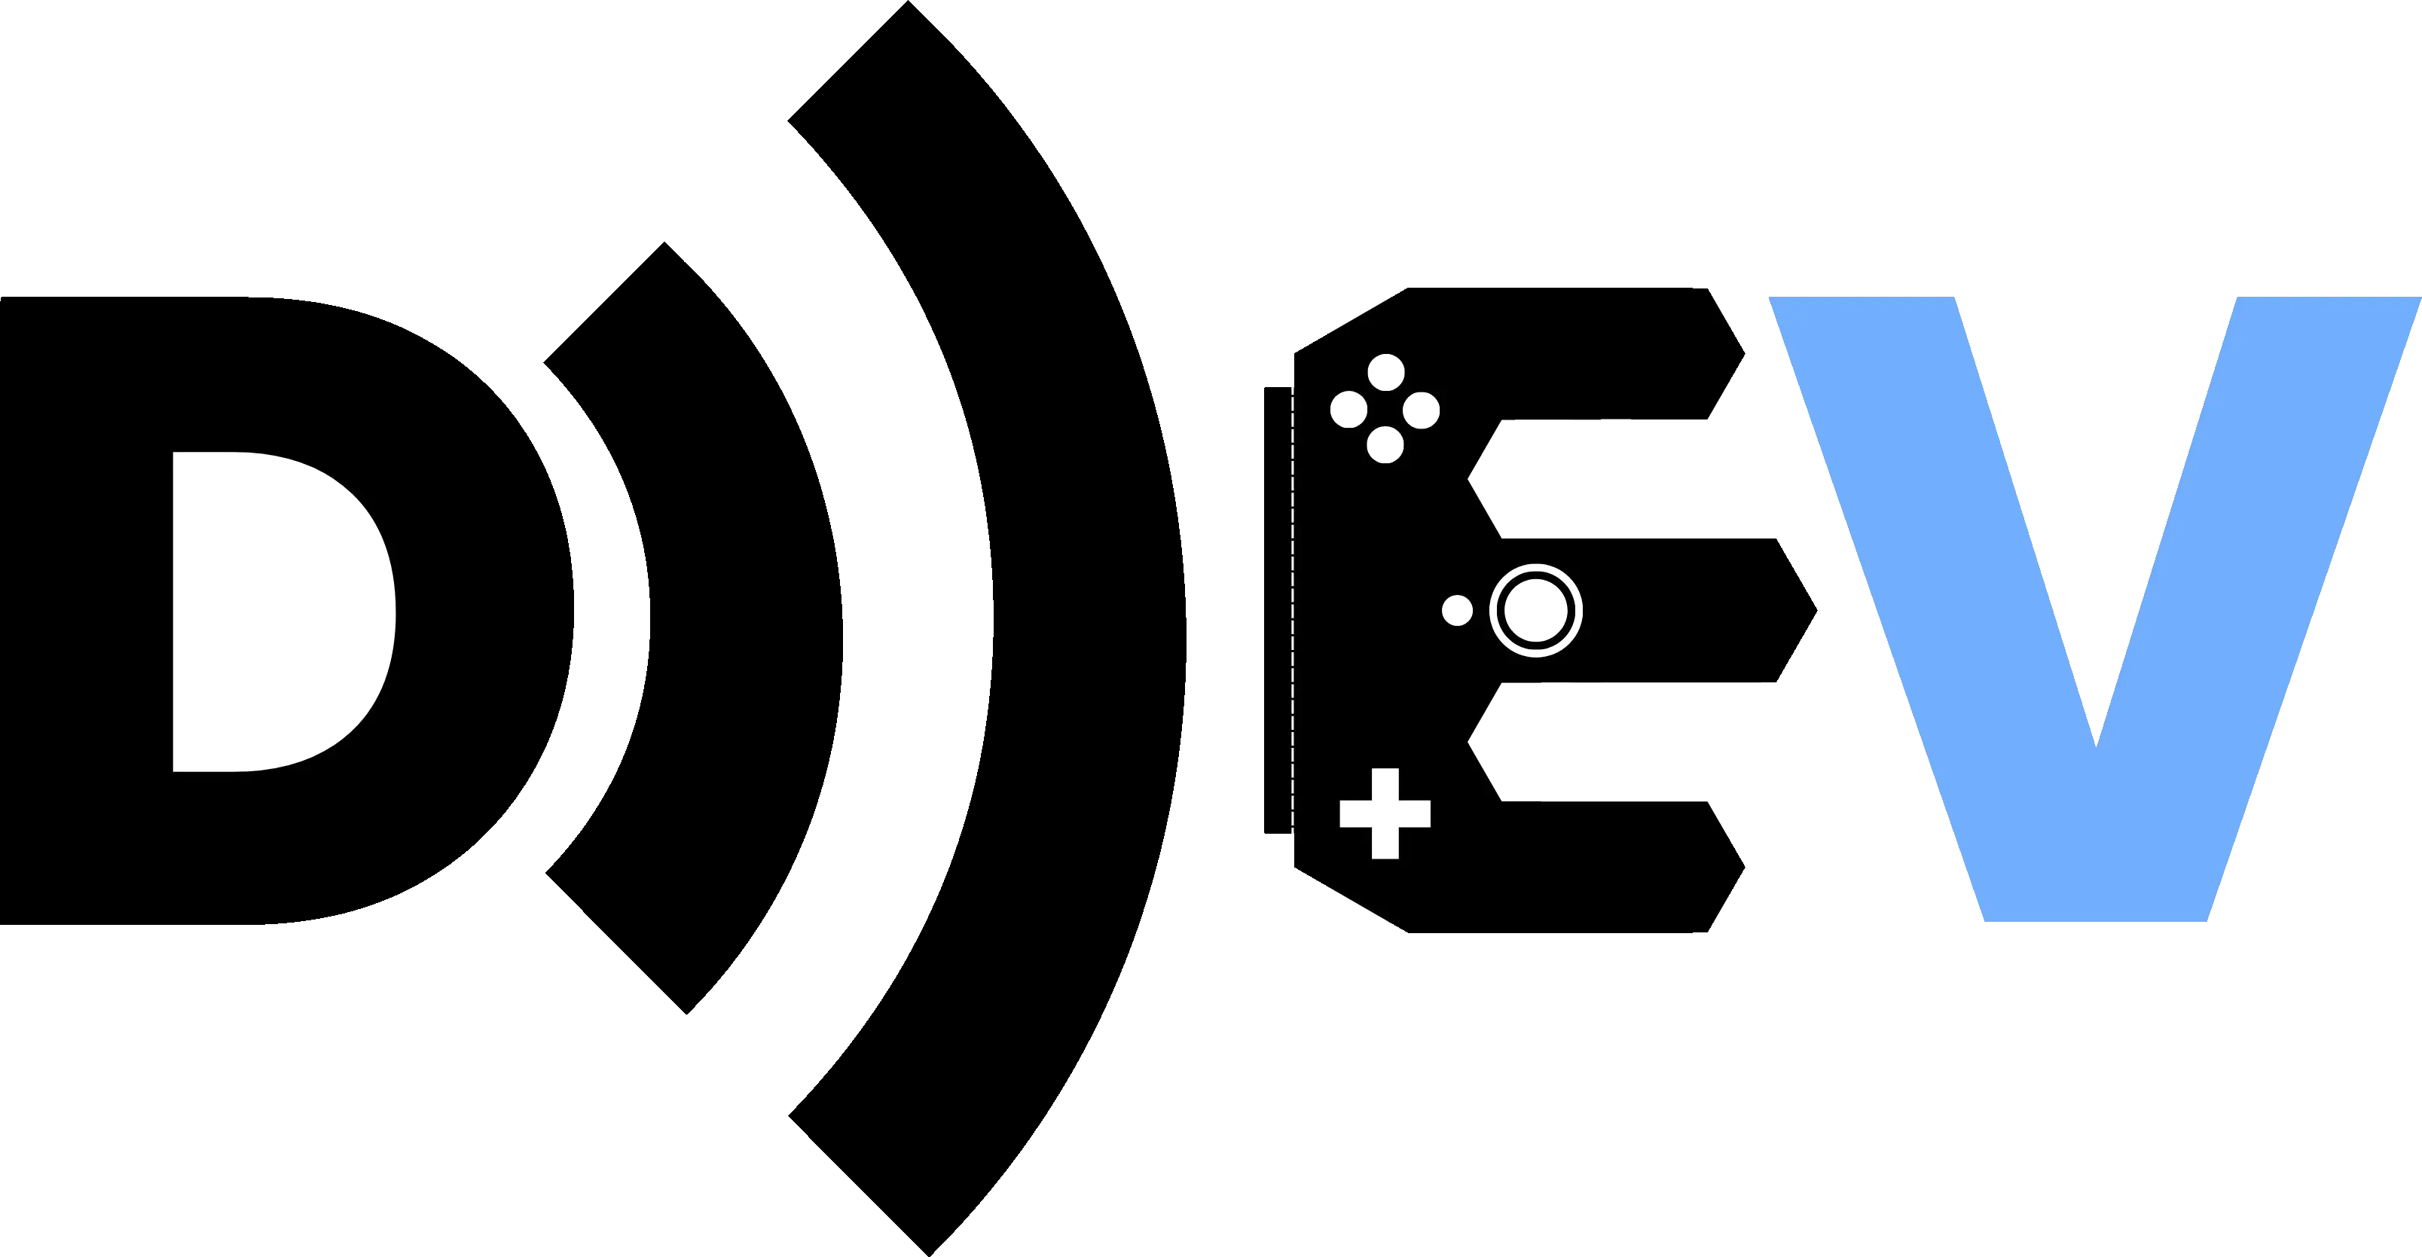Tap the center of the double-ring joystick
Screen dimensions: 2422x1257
click(x=1535, y=610)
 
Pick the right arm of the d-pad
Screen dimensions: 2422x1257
click(x=1416, y=814)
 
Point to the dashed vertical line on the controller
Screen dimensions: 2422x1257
click(x=1293, y=611)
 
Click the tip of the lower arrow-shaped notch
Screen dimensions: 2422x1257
click(x=1472, y=743)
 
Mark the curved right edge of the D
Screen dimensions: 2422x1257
click(x=393, y=611)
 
